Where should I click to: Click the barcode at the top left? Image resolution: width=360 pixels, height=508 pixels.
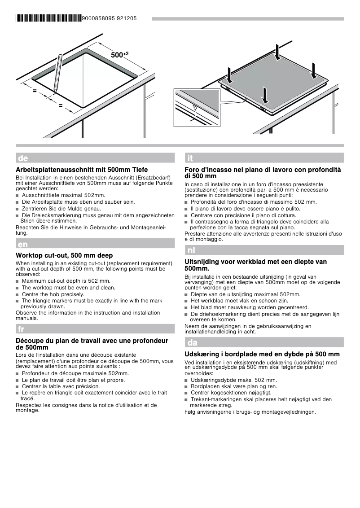pyautogui.click(x=49, y=18)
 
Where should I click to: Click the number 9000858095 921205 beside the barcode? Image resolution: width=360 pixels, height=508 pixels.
pyautogui.click(x=110, y=19)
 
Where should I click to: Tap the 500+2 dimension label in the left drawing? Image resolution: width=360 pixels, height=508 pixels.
pyautogui.click(x=119, y=55)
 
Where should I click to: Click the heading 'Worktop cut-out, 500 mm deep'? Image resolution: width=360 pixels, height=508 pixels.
pyautogui.click(x=64, y=255)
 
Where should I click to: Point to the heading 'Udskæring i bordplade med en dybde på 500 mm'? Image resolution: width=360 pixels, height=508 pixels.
pyautogui.click(x=262, y=354)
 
